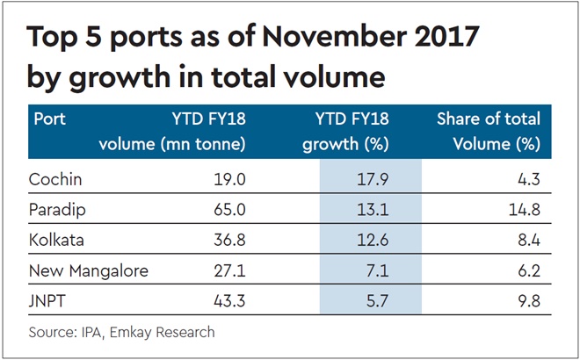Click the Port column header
(x=51, y=119)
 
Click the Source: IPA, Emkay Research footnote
(x=122, y=332)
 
